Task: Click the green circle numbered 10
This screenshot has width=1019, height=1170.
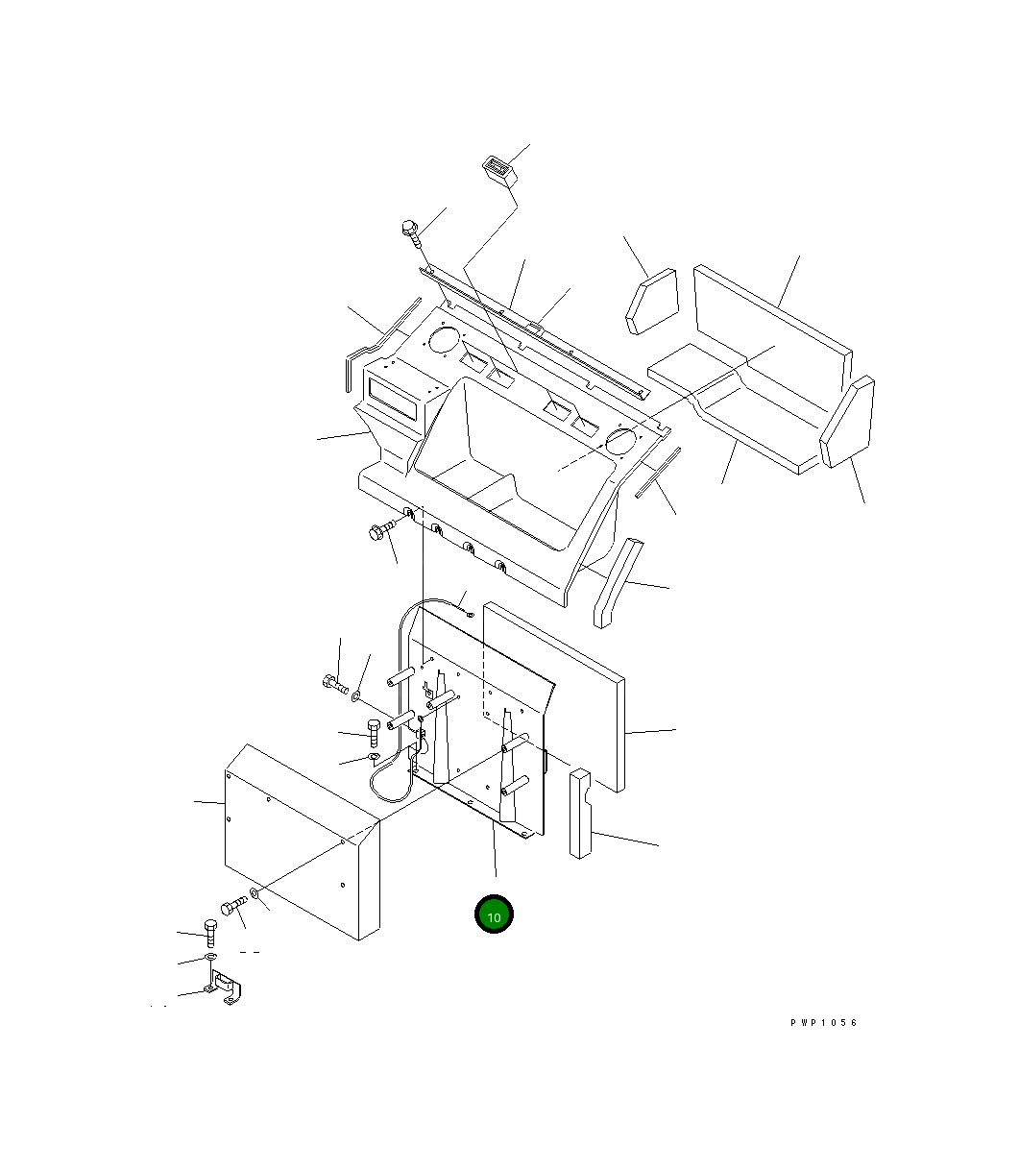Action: pyautogui.click(x=494, y=914)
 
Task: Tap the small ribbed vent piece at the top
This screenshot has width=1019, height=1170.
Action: pyautogui.click(x=499, y=171)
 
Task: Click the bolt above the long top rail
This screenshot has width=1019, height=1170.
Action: pyautogui.click(x=411, y=233)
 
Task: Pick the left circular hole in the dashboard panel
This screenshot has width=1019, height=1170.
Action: pyautogui.click(x=444, y=341)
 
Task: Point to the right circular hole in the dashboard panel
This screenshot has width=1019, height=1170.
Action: pyautogui.click(x=620, y=442)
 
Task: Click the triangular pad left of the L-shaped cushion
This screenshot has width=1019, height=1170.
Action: pyautogui.click(x=652, y=302)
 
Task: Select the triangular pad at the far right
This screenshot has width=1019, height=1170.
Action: pyautogui.click(x=847, y=422)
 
